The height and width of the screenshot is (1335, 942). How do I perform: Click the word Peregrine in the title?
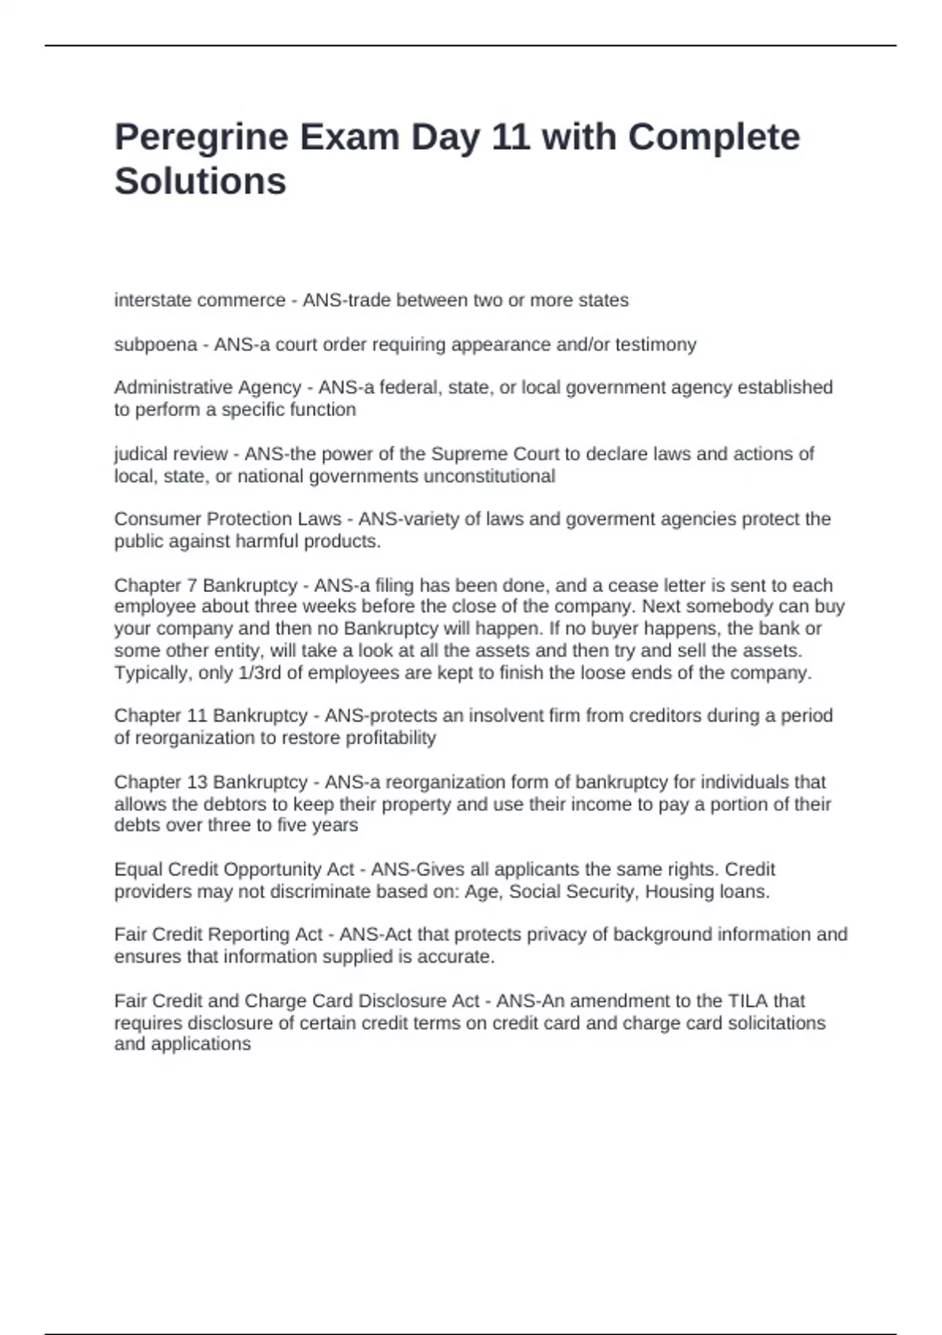tap(202, 138)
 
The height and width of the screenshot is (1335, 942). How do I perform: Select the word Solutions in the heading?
tap(200, 181)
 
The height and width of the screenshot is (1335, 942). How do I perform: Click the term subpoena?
tap(155, 345)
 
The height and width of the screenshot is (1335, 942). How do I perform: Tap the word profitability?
tap(391, 737)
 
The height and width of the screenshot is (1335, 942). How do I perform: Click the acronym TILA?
tap(748, 1001)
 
